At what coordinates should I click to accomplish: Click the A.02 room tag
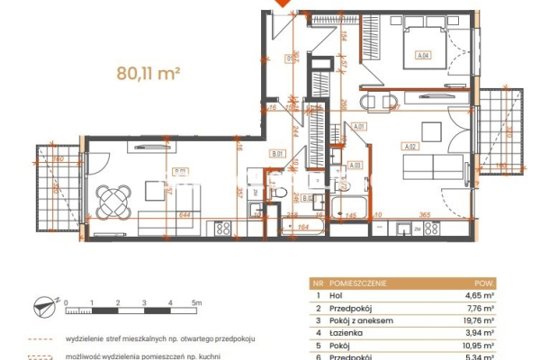(x=410, y=148)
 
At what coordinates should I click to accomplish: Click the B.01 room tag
(x=277, y=154)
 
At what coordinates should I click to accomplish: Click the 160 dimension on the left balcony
(x=57, y=159)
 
